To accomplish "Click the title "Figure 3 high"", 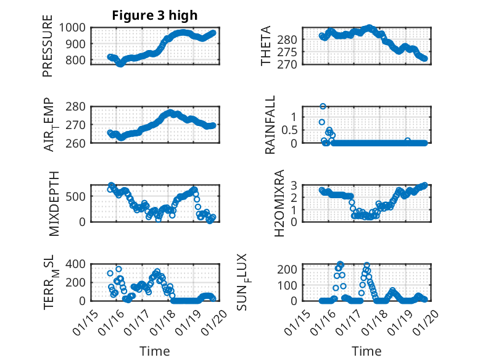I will click(154, 15).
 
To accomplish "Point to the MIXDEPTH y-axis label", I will click(53, 203).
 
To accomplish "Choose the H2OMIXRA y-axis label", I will click(279, 203).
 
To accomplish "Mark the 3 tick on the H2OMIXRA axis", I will click(295, 185).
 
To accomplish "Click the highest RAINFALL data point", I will click(323, 107).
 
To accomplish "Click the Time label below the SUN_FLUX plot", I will click(366, 351).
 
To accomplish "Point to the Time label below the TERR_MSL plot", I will click(155, 351).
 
